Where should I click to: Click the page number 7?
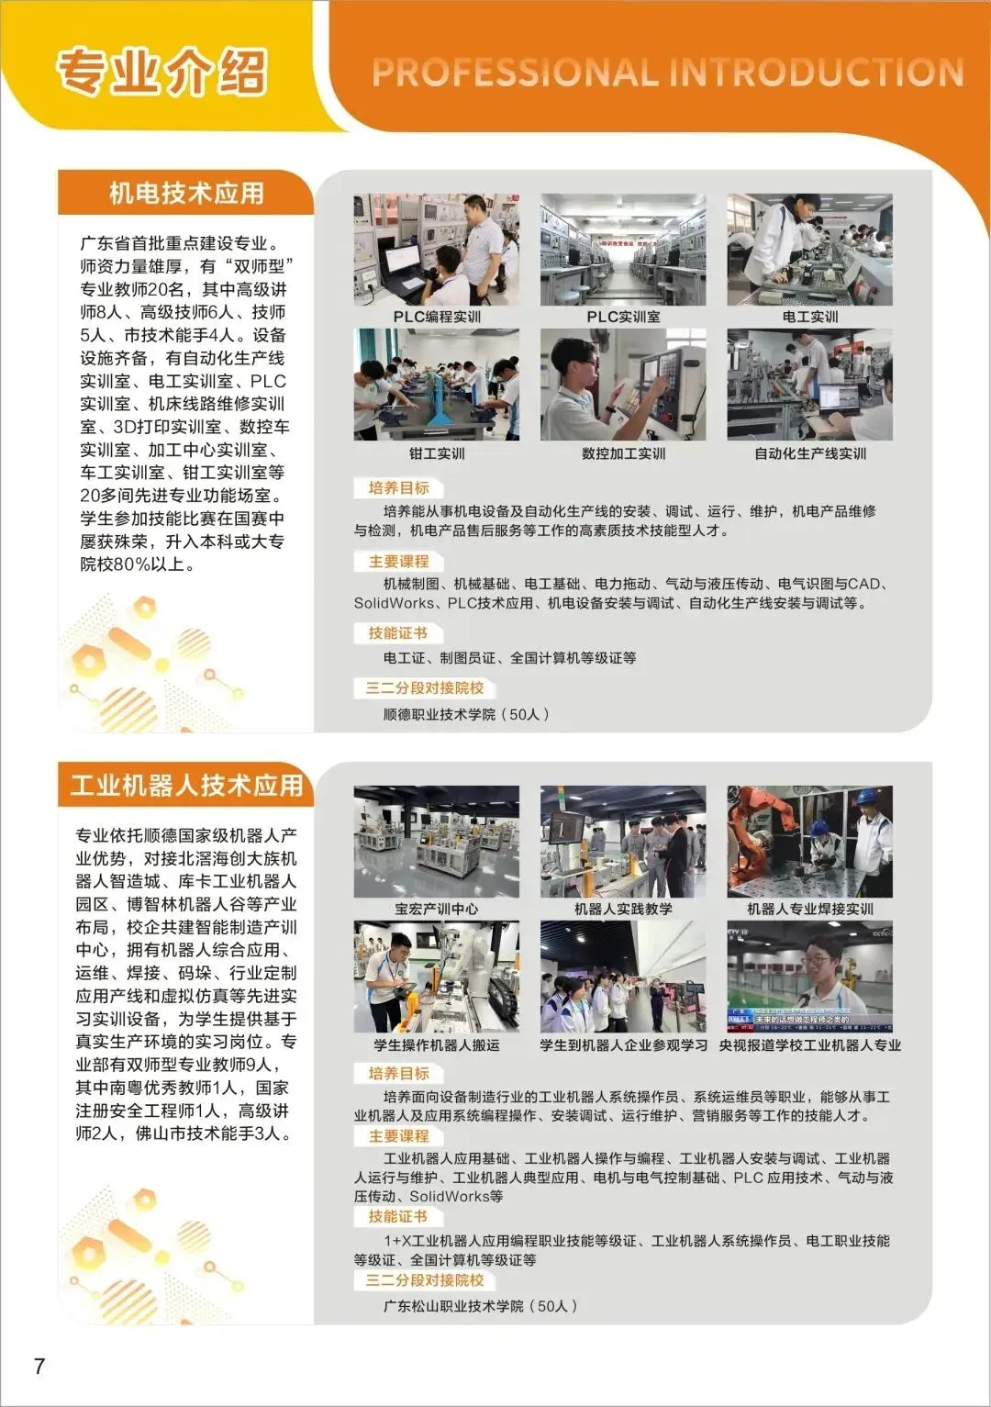[x=39, y=1366]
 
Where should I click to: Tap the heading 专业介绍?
[x=161, y=73]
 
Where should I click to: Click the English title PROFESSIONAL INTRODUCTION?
[x=667, y=73]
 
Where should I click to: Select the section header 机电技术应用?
[x=186, y=194]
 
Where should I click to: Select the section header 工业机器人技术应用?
[x=186, y=786]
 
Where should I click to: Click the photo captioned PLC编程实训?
[x=436, y=250]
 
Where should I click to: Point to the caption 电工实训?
[x=809, y=317]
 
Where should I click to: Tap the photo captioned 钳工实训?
[x=436, y=385]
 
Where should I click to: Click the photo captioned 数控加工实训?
[x=623, y=385]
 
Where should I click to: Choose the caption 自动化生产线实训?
[x=809, y=453]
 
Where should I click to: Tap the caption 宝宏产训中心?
[x=436, y=909]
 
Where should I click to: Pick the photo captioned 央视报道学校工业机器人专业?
[x=809, y=977]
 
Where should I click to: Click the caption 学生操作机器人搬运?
[x=436, y=1045]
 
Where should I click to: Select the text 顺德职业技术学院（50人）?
[x=466, y=714]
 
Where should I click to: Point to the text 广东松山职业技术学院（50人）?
[x=481, y=1305]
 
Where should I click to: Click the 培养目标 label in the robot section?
[x=398, y=1073]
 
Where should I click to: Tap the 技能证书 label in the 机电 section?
[x=397, y=633]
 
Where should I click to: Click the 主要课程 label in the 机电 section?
[x=398, y=562]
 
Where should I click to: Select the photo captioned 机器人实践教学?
[x=623, y=842]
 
